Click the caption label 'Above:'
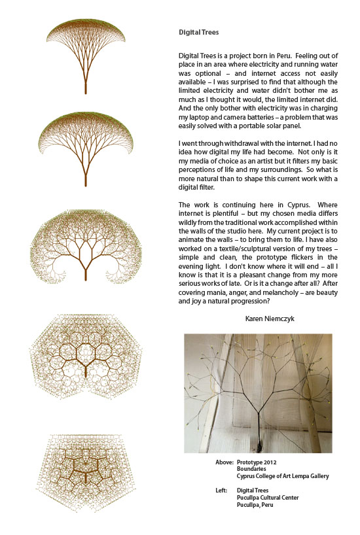[x=225, y=462]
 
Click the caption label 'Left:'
[x=222, y=490]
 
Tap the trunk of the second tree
[x=86, y=174]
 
